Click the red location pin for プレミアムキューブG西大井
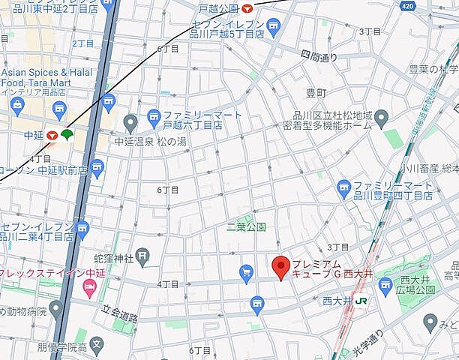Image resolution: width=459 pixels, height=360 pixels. coord(280,266)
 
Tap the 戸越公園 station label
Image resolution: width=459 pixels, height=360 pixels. coord(218,8)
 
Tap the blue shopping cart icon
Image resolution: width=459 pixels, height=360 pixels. coord(245,272)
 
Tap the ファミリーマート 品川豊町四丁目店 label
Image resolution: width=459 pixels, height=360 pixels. coord(392,189)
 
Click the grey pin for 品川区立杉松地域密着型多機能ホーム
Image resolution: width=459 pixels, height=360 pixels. coord(381,117)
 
